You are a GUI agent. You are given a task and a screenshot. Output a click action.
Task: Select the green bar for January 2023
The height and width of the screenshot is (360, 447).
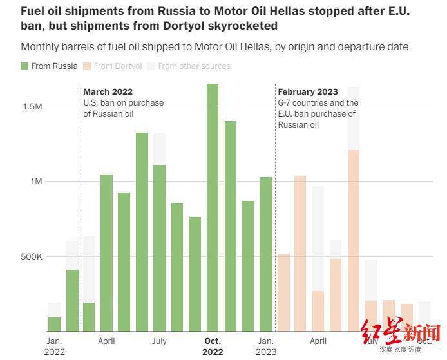265,254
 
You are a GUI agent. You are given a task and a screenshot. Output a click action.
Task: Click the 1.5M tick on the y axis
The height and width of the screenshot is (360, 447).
32,106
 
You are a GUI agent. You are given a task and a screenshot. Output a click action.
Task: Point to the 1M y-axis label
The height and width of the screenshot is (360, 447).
35,182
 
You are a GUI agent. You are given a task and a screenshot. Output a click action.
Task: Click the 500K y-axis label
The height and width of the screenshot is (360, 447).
31,256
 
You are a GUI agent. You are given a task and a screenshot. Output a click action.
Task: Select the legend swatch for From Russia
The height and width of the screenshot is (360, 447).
24,66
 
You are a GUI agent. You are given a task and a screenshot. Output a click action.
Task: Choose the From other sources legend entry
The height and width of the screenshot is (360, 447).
194,66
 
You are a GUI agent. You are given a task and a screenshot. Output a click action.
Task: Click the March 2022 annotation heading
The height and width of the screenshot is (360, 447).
108,91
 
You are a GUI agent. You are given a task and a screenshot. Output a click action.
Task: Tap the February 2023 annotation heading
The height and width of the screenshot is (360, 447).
307,91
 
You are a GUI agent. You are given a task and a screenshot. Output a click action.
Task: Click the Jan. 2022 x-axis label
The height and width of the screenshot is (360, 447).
54,346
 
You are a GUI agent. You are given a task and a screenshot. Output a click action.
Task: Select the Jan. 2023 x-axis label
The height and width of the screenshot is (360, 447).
265,346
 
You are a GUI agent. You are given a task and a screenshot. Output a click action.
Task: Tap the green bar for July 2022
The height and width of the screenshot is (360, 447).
159,248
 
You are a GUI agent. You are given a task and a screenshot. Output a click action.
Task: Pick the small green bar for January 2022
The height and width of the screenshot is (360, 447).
55,324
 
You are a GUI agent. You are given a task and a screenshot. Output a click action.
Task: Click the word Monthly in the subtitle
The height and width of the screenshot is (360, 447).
41,46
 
